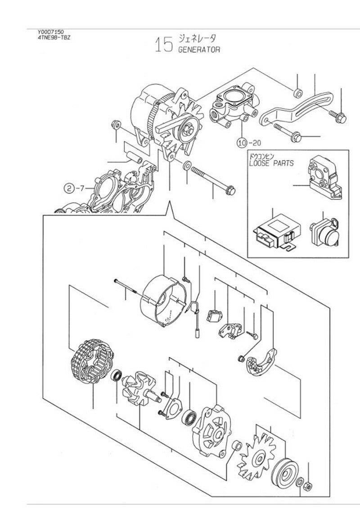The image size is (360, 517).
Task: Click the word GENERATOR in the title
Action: [199, 50]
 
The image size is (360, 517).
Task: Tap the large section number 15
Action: [164, 45]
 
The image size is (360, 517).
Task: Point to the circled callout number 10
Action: [242, 143]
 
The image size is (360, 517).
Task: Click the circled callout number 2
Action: [68, 189]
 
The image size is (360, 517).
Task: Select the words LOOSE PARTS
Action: [271, 163]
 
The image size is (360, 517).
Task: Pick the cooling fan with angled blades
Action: [256, 457]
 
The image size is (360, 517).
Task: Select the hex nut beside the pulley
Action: [307, 487]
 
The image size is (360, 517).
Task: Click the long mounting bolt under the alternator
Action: [212, 180]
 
